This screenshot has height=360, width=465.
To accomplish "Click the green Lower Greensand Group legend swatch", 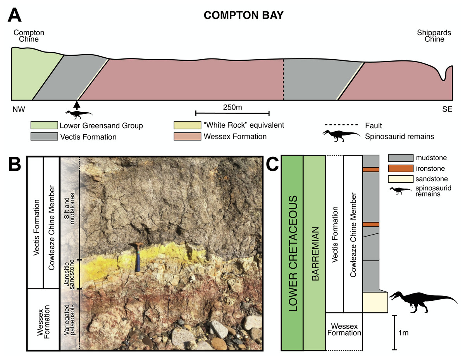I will click(x=44, y=126).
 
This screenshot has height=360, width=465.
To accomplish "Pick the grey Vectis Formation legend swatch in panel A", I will click(x=44, y=137).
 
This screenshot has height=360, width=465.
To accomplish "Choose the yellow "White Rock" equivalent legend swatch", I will click(x=187, y=125).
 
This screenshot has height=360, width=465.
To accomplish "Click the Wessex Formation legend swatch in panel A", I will click(x=187, y=136).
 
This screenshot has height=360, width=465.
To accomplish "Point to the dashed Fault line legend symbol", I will click(x=339, y=125).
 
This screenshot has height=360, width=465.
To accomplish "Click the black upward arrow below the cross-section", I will click(x=77, y=105).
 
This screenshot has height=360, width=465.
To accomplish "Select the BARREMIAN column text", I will click(x=314, y=253).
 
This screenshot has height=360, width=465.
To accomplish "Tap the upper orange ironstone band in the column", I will click(x=371, y=169).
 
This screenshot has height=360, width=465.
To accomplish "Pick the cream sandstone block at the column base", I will click(x=375, y=302).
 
